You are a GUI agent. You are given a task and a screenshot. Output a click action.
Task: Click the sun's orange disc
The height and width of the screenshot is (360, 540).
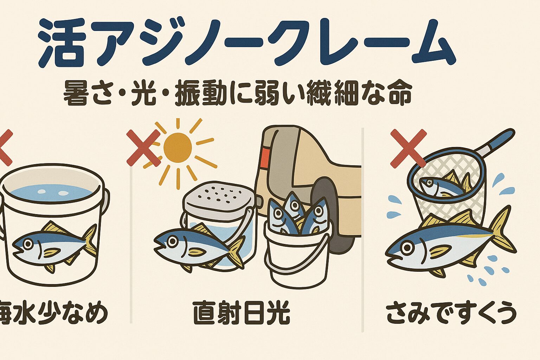178,148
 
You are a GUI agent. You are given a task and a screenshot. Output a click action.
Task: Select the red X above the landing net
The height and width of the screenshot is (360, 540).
408,148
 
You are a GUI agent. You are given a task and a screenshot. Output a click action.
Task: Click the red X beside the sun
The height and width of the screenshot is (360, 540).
143,148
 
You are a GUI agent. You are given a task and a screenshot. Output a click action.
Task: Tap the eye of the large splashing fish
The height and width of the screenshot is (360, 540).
407,248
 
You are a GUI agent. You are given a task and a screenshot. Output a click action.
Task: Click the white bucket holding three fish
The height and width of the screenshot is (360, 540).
297,257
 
